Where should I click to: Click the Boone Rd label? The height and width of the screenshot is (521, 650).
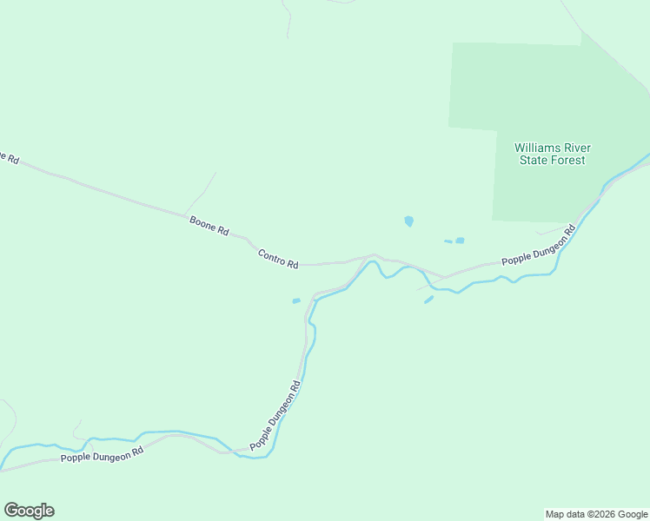point(209,227)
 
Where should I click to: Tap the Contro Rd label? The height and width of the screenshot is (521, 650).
point(278,258)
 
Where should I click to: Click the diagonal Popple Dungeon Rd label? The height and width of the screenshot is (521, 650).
point(275,415)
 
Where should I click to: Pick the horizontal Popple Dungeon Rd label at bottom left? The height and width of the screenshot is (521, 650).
point(102,456)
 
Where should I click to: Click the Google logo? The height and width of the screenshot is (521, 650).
point(29,510)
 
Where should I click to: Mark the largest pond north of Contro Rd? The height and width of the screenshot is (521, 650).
point(408,221)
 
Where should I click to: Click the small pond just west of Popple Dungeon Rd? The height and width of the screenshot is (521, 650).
point(296,301)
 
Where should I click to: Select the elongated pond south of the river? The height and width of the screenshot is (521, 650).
point(428,300)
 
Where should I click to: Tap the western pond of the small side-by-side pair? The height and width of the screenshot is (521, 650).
point(448,241)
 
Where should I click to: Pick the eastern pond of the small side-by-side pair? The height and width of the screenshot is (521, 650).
point(460,241)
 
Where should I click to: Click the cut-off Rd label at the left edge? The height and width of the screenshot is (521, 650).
point(8,157)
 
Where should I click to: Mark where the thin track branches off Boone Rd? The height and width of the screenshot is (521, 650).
point(184,212)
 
